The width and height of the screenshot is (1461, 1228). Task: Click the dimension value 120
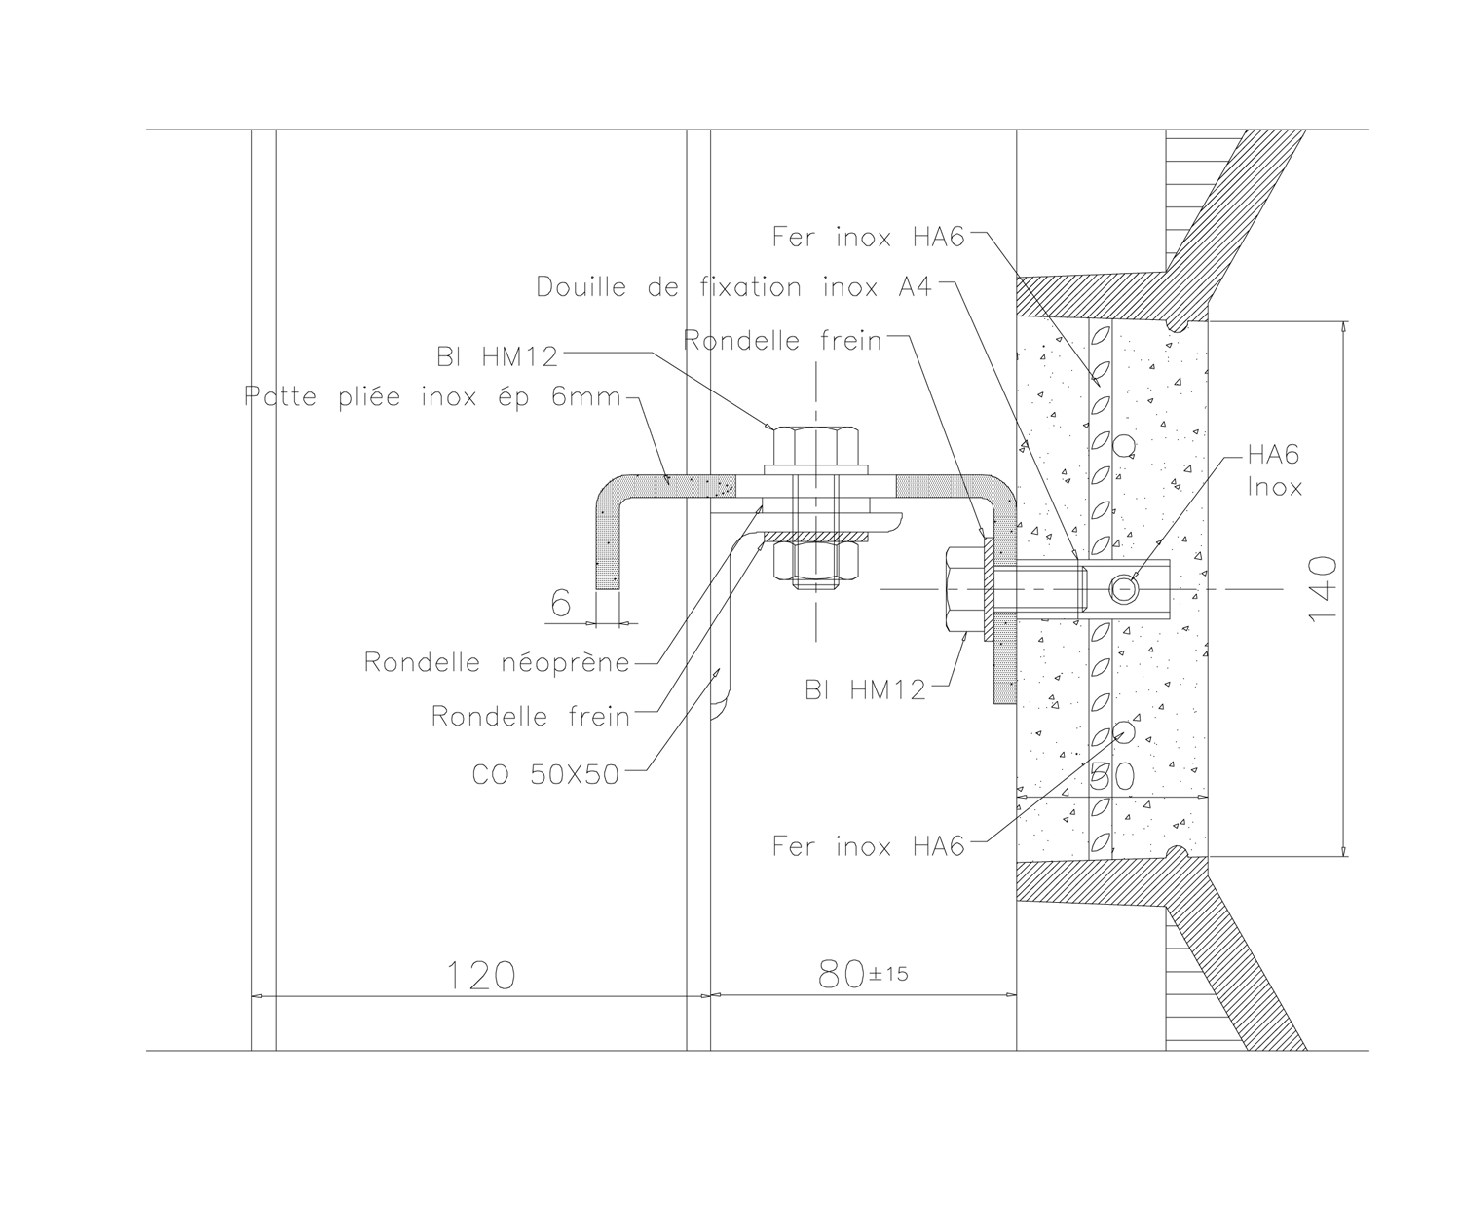coord(481,976)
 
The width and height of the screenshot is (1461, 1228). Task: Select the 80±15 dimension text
coord(863,974)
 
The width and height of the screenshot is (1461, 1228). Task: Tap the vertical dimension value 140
coord(1323,588)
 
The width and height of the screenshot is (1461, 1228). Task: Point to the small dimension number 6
coord(561,603)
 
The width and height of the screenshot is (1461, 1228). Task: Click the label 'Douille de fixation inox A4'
coord(734,287)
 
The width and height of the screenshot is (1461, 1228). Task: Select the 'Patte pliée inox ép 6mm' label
coord(433,396)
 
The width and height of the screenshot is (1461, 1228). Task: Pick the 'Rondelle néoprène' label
coord(497,662)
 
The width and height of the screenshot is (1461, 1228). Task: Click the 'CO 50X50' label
coord(545,774)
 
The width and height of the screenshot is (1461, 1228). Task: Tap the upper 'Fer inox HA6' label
coord(869,238)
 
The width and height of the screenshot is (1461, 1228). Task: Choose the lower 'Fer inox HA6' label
coord(869,846)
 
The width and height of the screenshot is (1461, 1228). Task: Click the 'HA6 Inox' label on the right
coord(1274,470)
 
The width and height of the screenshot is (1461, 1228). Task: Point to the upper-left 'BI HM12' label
coord(497,356)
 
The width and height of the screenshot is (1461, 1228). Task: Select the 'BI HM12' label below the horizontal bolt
coord(866,689)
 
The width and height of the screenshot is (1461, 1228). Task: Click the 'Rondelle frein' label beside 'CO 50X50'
coord(531,716)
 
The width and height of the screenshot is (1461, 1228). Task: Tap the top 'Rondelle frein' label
coord(782,341)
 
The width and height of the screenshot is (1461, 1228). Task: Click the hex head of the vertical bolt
coord(816,445)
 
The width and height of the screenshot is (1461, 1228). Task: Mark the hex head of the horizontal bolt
coord(964,589)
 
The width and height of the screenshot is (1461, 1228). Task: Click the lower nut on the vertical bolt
coord(816,561)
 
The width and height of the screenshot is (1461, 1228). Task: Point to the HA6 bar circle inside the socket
coord(1124,589)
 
